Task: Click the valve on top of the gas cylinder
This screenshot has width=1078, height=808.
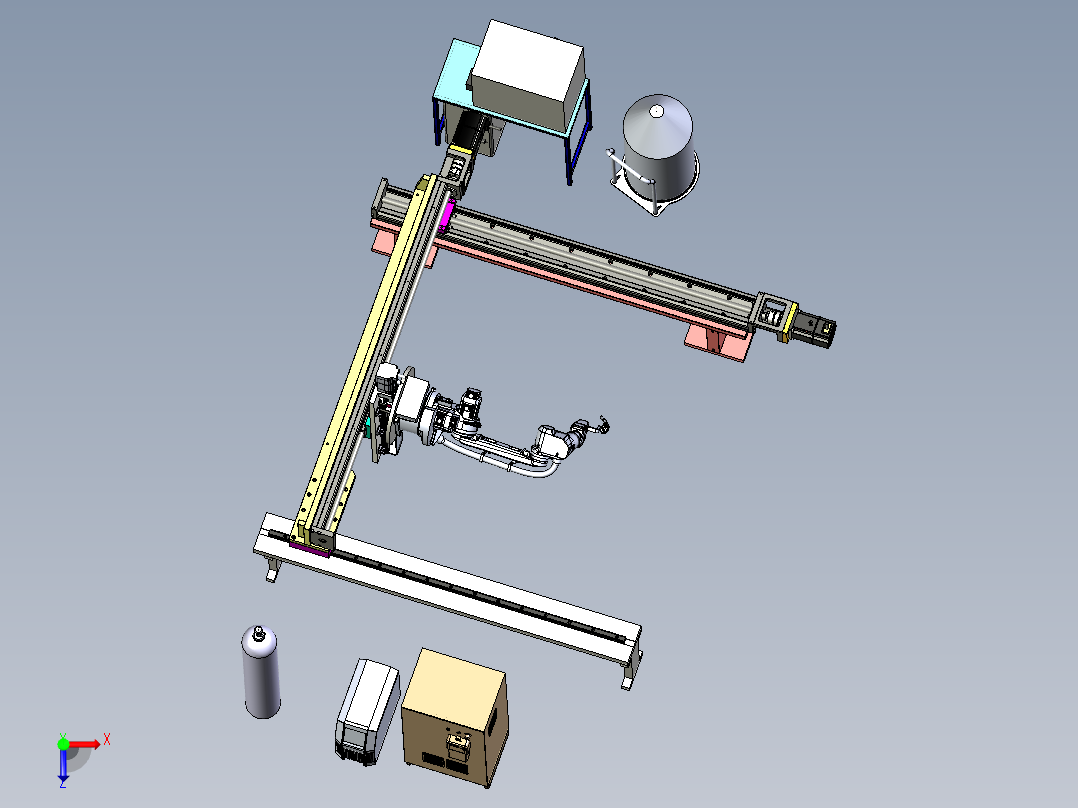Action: point(258,633)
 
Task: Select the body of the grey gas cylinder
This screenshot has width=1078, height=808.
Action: point(261,675)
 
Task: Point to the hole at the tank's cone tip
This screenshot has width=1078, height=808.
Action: point(657,110)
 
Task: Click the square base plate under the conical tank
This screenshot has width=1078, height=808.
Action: point(654,189)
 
